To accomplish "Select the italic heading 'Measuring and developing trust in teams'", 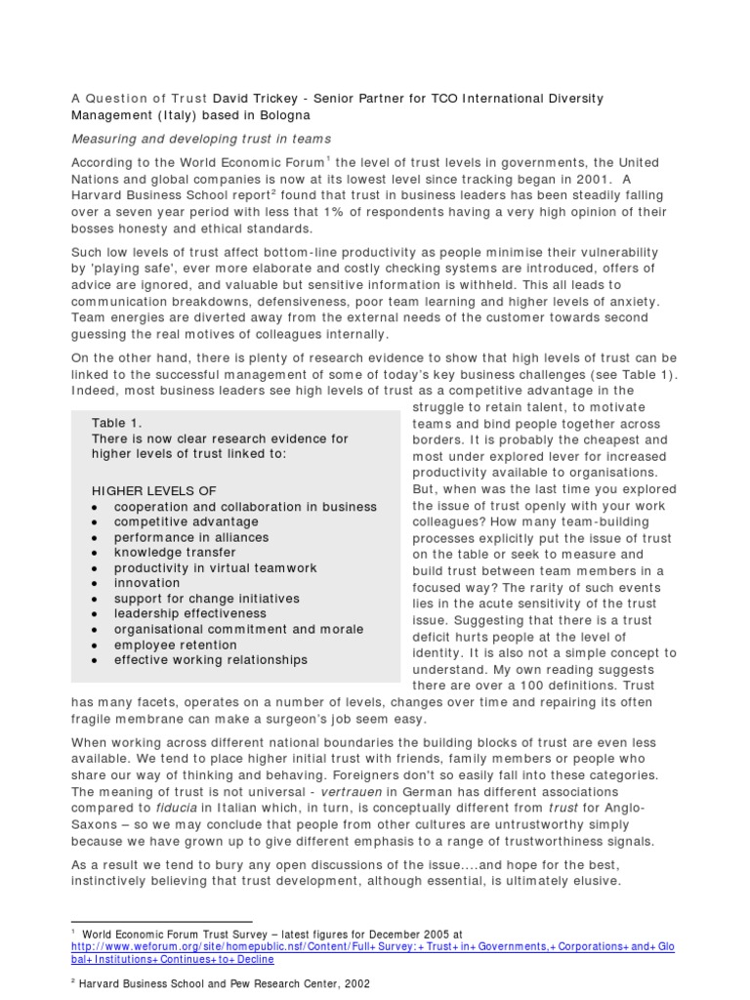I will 202,139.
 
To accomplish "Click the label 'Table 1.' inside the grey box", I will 117,422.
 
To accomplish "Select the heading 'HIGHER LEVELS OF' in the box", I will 154,490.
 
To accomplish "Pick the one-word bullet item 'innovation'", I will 147,583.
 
